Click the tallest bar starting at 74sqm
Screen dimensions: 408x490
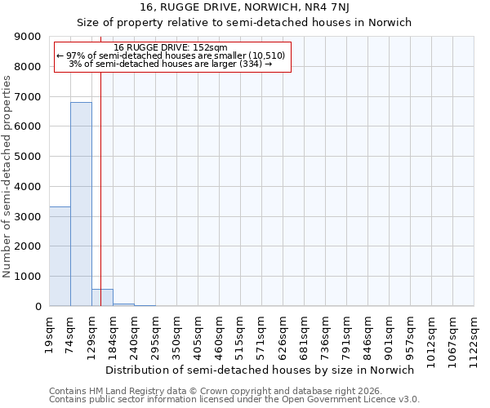pos(81,204)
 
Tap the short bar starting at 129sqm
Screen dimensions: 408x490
pos(102,298)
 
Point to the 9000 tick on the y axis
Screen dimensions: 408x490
pos(29,37)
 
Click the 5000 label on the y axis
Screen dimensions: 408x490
pos(29,157)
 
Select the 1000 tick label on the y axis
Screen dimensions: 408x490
pos(29,277)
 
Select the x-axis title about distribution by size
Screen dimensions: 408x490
pos(261,370)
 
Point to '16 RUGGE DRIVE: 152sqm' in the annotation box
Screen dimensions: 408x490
pos(171,48)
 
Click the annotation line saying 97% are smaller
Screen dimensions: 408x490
pos(171,55)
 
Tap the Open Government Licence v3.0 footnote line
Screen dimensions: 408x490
pos(234,400)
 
